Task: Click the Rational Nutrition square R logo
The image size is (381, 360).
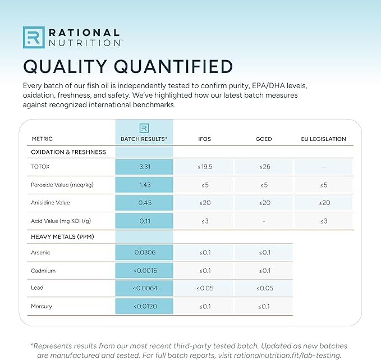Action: [x=34, y=38]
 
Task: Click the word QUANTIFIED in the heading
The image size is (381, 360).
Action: [x=173, y=66]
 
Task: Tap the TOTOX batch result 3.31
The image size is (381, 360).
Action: [x=145, y=167]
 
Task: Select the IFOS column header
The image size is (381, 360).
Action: [x=204, y=139]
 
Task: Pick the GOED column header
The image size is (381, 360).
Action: [x=264, y=139]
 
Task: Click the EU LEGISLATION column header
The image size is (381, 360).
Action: [x=323, y=139]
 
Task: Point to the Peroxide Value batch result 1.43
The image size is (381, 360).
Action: [x=145, y=185]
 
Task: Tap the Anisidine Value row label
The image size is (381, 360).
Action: [x=51, y=203]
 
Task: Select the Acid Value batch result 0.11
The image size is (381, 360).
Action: [x=145, y=221]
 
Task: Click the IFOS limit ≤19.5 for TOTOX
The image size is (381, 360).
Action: [x=205, y=167]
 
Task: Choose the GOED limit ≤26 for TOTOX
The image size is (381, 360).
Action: [x=265, y=167]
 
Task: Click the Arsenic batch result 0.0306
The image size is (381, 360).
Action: [x=145, y=252]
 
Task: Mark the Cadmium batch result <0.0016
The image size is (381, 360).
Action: [x=145, y=271]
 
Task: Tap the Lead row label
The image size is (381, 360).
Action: [x=37, y=288]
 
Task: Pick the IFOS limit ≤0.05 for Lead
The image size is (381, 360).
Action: [x=205, y=288]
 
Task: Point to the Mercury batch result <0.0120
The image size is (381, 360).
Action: [x=145, y=306]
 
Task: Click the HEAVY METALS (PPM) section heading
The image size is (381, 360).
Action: [x=62, y=236]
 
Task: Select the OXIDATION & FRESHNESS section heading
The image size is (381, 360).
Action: [x=68, y=152]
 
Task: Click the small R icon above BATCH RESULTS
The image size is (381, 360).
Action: [x=144, y=128]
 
